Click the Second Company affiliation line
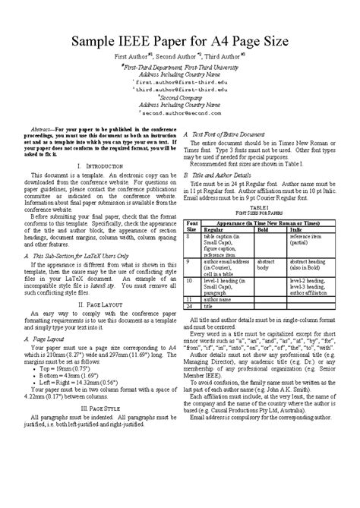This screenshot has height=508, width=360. point(179,96)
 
